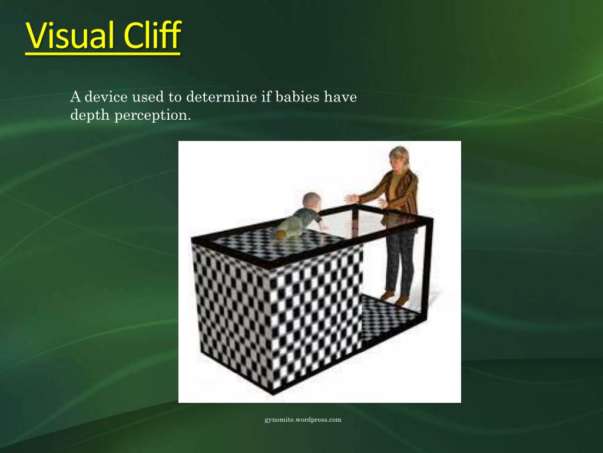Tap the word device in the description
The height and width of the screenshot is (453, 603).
(105, 97)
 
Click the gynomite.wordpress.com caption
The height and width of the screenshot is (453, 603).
(303, 420)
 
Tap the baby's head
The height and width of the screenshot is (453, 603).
(312, 201)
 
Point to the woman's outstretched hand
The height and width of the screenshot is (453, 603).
(352, 198)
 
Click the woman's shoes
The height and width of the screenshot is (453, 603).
(395, 297)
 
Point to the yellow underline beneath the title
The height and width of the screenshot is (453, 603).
(102, 54)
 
